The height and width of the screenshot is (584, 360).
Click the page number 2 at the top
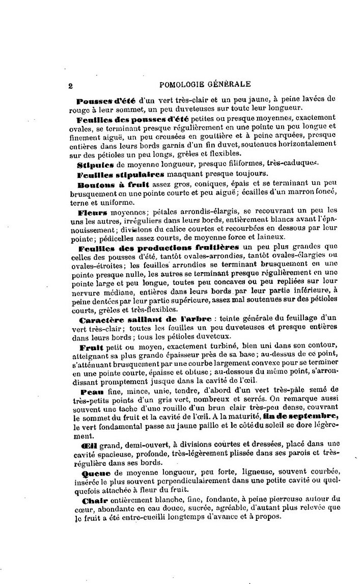tap(71, 86)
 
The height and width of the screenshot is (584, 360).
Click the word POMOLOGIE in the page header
tap(182, 85)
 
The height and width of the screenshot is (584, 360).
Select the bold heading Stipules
tap(95, 165)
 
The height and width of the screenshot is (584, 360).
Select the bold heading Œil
tap(84, 445)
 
